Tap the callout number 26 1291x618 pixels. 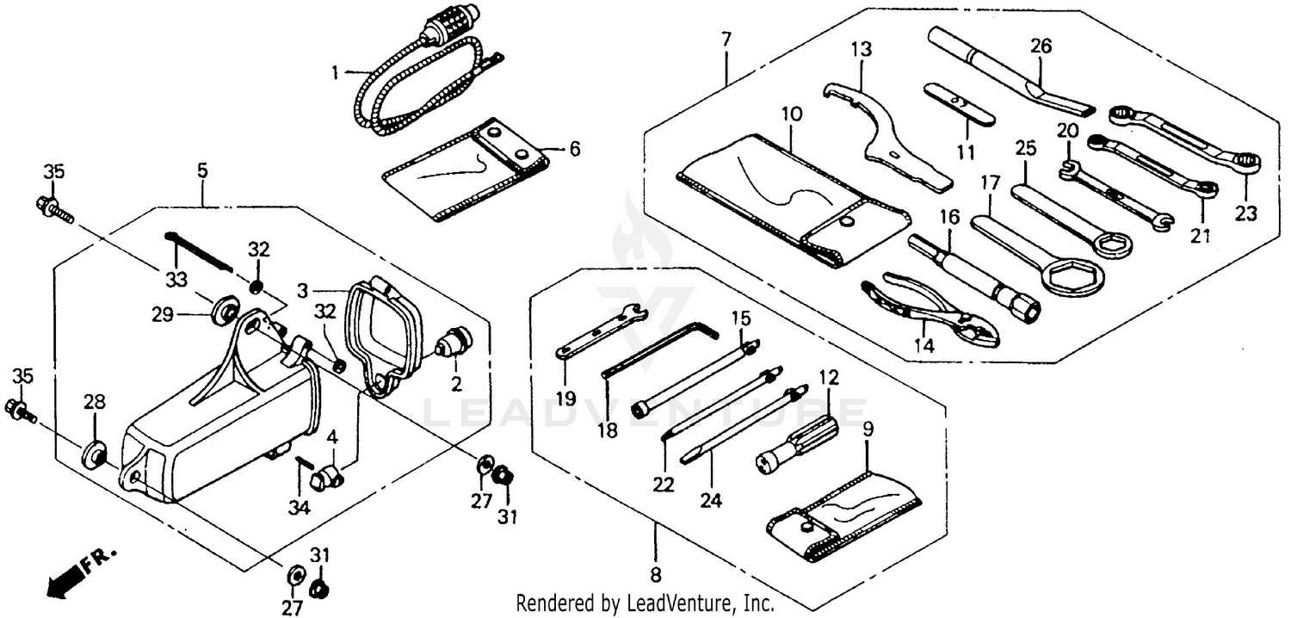[x=1041, y=47]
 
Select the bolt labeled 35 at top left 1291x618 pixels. [x=50, y=206]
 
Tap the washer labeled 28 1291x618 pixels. [x=92, y=454]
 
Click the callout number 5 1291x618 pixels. [x=201, y=170]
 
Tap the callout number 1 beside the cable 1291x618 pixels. [x=336, y=72]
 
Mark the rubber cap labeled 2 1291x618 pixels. [x=454, y=343]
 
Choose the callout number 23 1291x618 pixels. [x=1246, y=213]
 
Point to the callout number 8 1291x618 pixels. [x=655, y=575]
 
